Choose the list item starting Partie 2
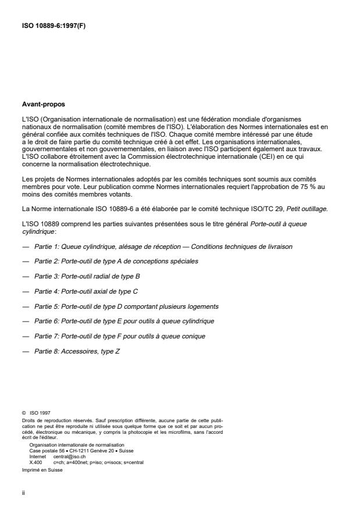tap(116, 261)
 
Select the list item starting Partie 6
tap(124, 321)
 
